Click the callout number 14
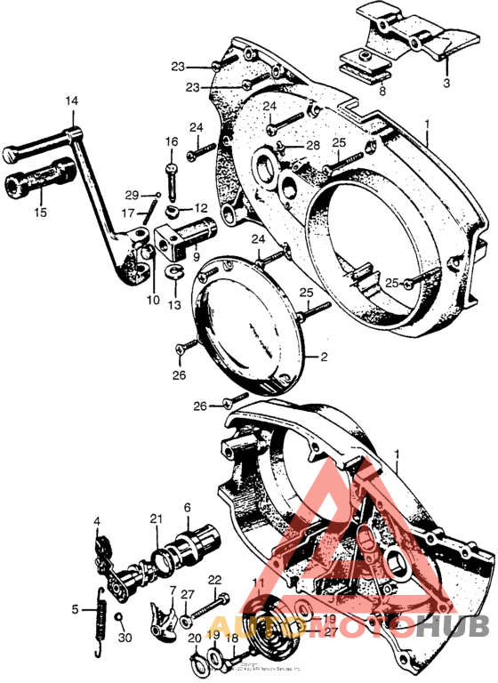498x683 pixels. [x=71, y=101]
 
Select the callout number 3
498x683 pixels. [x=446, y=83]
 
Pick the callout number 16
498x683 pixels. [x=171, y=141]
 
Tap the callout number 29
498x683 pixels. [x=131, y=195]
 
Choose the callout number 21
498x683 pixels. [x=157, y=519]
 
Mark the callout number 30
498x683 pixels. [x=124, y=637]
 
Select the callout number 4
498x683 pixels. [x=97, y=520]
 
